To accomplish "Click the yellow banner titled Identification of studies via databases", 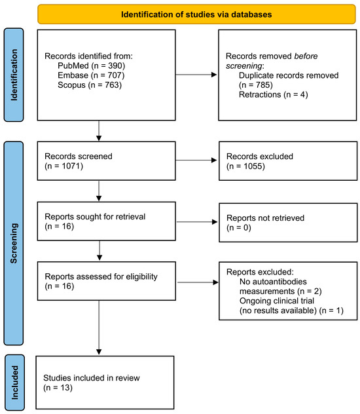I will tap(196, 13).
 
